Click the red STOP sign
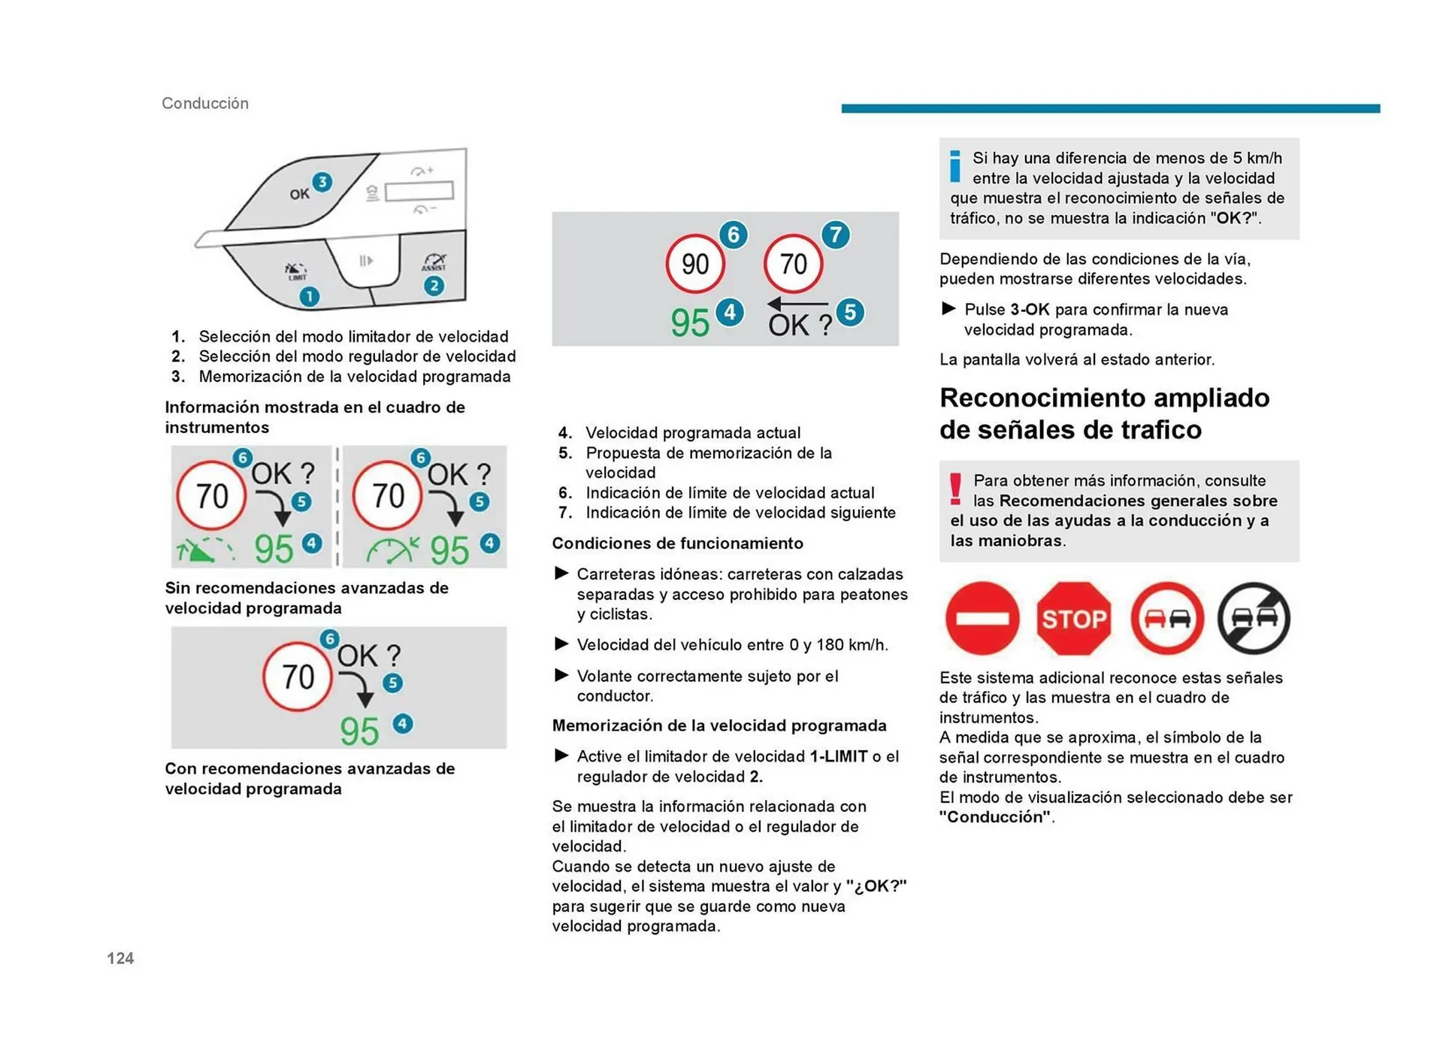[1073, 618]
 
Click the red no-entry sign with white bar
[982, 618]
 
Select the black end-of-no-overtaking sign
[1253, 618]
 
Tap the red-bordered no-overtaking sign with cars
[1166, 618]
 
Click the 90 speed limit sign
[694, 264]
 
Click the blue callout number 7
[835, 235]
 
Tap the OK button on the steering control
[299, 194]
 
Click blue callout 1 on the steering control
[309, 297]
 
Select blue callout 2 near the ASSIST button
[434, 286]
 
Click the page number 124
[120, 958]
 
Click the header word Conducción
[205, 103]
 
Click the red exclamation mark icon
[955, 489]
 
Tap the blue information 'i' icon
[955, 166]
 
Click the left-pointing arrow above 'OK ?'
[796, 304]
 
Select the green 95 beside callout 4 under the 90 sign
[690, 323]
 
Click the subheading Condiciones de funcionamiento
[677, 543]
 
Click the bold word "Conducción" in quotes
[994, 817]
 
